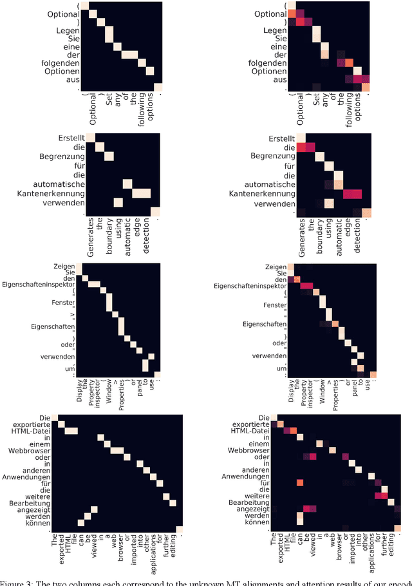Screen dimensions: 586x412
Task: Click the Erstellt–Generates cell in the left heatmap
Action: tap(90, 137)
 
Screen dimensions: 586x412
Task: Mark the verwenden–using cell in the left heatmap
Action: tap(118, 203)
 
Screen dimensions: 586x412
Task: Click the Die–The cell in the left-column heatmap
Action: tap(55, 416)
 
